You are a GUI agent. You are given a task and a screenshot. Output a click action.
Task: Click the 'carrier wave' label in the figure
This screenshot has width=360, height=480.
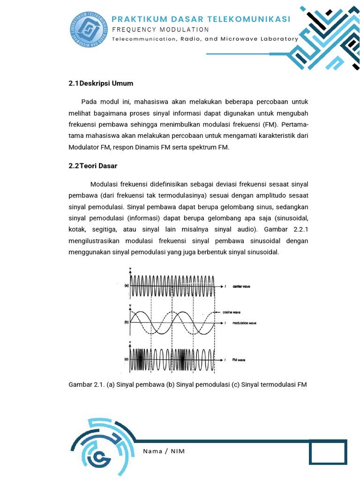(241, 286)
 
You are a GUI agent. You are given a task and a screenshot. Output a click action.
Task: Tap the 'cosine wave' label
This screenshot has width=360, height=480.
(239, 312)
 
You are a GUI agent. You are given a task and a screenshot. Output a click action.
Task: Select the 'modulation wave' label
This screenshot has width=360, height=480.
(244, 323)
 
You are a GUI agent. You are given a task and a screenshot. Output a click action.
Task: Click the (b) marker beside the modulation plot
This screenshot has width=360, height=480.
(126, 322)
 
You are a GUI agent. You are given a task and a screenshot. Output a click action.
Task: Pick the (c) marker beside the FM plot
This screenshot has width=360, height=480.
(126, 360)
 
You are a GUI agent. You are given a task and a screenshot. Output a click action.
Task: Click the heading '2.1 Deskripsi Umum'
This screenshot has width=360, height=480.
(101, 83)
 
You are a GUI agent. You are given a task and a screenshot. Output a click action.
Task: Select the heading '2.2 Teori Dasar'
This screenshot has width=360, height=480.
(92, 166)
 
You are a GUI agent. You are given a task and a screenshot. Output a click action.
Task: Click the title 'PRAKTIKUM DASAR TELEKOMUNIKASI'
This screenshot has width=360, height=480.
(201, 19)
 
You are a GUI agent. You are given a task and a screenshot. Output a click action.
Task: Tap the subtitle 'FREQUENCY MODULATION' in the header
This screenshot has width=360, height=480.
(160, 30)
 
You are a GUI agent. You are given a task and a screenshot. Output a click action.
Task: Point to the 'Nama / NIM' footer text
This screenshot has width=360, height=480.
(164, 451)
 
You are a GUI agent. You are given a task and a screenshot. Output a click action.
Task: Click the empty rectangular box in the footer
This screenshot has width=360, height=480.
(328, 453)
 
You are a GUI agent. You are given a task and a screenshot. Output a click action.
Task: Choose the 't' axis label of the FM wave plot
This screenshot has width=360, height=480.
(225, 360)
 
